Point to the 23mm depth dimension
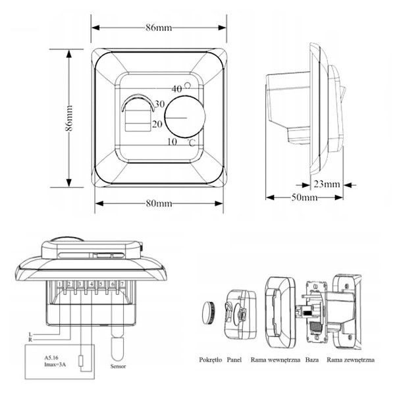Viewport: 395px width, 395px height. pyautogui.click(x=327, y=183)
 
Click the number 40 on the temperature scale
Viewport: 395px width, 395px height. pyautogui.click(x=176, y=88)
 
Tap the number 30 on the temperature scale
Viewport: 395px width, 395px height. pyautogui.click(x=161, y=105)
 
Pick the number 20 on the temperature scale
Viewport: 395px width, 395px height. pyautogui.click(x=157, y=123)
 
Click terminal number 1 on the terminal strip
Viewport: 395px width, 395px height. pyautogui.click(x=61, y=284)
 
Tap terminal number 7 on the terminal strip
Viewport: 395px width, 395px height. pyautogui.click(x=122, y=284)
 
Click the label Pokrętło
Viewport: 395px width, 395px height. pyautogui.click(x=210, y=360)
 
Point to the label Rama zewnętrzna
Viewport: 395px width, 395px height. pyautogui.click(x=350, y=360)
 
